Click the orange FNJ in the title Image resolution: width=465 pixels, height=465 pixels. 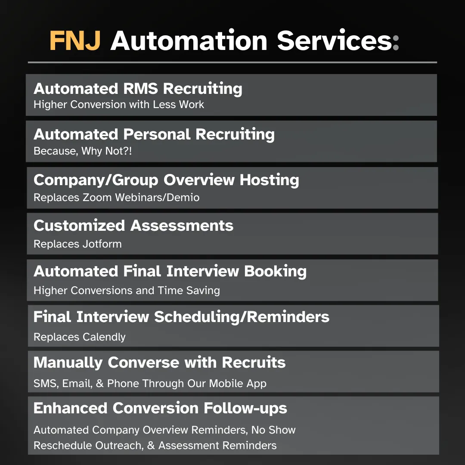[75, 40]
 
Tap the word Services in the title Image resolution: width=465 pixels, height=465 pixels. [335, 40]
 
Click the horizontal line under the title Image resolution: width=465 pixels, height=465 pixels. [232, 62]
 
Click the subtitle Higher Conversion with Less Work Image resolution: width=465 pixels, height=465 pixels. [119, 104]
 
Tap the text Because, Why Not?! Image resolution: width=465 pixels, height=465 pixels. [83, 151]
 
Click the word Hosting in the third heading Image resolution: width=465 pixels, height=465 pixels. [269, 180]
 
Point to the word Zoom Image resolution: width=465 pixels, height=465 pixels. [97, 198]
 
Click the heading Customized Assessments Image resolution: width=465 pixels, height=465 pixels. [133, 226]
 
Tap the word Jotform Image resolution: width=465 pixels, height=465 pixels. [102, 244]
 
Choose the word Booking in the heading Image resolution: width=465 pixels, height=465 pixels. [275, 272]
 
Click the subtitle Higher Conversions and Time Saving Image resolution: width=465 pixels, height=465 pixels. [127, 291]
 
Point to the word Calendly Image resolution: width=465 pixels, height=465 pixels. [104, 337]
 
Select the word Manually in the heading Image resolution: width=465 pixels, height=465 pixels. [68, 363]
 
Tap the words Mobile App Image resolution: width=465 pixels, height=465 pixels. [238, 384]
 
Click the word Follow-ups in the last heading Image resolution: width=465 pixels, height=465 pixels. [245, 408]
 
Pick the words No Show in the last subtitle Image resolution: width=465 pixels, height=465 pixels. [273, 430]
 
